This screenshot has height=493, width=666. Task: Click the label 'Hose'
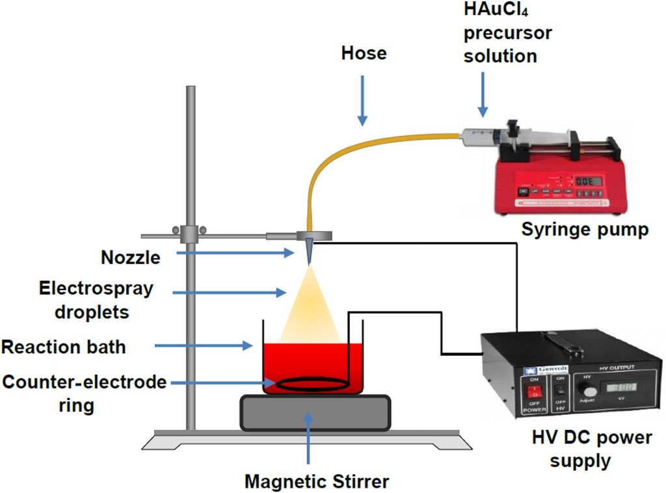(364, 53)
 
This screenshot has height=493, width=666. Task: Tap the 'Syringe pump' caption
(585, 230)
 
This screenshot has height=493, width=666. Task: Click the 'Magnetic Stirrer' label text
(317, 482)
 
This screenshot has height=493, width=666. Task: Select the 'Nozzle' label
(130, 258)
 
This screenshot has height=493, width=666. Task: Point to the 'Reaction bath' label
(63, 347)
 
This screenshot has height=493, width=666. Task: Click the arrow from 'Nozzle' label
(234, 253)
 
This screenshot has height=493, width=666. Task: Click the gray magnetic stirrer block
(315, 412)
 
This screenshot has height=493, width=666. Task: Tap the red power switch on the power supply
(532, 392)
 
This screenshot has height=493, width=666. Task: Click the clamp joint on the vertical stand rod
(190, 232)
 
